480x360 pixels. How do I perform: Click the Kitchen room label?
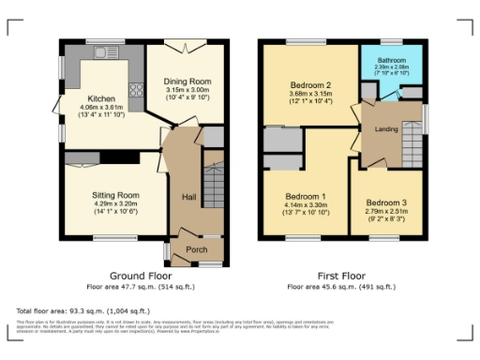(100, 98)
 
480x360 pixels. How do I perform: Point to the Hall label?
(187, 197)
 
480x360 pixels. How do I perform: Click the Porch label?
(196, 249)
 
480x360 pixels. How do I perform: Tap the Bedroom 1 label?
(306, 197)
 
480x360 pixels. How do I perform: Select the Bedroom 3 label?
(385, 203)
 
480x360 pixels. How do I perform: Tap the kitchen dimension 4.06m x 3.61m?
(100, 108)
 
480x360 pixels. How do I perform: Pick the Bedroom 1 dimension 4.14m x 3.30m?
(306, 205)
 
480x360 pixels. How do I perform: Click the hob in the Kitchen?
(135, 91)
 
